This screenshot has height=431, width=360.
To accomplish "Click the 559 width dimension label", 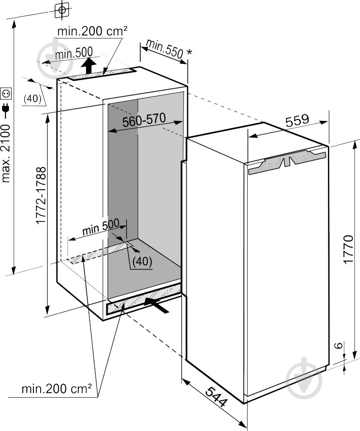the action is (297, 120).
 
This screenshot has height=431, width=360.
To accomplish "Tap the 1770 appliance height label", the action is (349, 249).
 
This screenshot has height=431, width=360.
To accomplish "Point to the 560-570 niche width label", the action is (144, 120).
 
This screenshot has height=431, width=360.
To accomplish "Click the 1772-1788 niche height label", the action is (41, 195).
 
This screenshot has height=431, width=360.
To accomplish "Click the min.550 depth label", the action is (165, 49).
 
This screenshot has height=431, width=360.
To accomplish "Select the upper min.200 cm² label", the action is (92, 31).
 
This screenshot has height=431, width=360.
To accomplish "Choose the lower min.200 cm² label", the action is (57, 389).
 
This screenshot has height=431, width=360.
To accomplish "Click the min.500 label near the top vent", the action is (74, 53).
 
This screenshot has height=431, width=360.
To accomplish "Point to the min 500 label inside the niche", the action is (101, 227).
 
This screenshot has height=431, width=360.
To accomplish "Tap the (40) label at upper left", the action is (32, 98).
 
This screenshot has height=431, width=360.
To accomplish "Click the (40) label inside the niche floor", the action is (142, 261).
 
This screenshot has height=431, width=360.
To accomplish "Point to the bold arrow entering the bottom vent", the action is (156, 305).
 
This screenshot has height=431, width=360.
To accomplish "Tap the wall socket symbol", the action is (6, 94).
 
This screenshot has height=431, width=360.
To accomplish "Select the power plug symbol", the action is (6, 109).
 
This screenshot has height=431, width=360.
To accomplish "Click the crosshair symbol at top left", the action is (62, 10).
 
